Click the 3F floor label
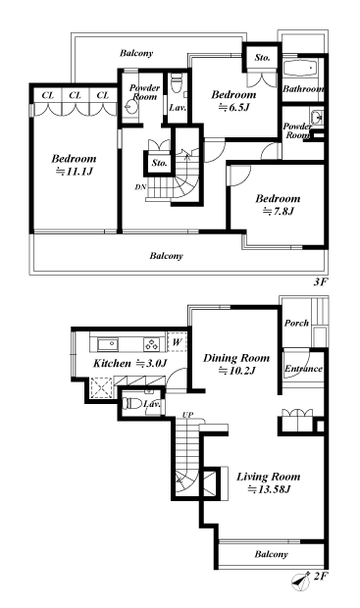coord(318,280)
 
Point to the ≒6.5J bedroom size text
coord(233,109)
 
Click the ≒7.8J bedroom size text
coord(276,210)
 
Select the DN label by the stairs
coord(139,186)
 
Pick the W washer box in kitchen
coord(176,342)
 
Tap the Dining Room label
coord(235,358)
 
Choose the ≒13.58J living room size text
coord(264,489)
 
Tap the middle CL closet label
coord(75,95)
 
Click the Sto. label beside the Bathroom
coord(262,58)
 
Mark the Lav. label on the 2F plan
coord(151,403)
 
